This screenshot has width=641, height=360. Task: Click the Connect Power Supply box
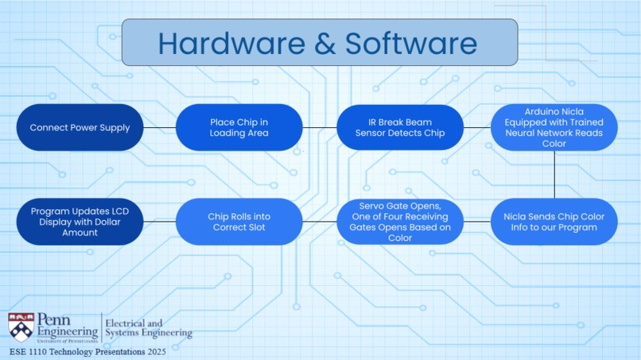click(x=80, y=127)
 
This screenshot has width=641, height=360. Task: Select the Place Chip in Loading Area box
click(x=239, y=127)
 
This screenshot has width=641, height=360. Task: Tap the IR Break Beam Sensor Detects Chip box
click(x=400, y=127)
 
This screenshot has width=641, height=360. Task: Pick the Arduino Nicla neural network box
click(x=554, y=127)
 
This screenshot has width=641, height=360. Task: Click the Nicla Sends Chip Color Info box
click(x=554, y=222)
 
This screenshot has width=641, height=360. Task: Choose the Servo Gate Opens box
click(x=400, y=222)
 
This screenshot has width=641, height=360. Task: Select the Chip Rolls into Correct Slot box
click(x=239, y=222)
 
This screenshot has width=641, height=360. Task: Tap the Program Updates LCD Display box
click(x=80, y=222)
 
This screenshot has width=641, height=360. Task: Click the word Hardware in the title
click(x=231, y=44)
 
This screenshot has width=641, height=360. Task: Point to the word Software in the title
click(x=411, y=44)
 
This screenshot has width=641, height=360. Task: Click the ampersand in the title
click(x=325, y=44)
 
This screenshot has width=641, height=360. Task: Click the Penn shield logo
click(x=21, y=327)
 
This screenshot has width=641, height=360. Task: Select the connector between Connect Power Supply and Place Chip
click(x=159, y=127)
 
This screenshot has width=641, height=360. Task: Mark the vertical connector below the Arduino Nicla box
click(x=554, y=175)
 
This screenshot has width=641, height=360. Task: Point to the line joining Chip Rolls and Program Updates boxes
click(x=159, y=222)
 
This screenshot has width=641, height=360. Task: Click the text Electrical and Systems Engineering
click(x=149, y=328)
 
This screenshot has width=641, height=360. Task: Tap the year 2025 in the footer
click(x=157, y=352)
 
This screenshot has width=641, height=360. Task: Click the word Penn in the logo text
click(x=53, y=319)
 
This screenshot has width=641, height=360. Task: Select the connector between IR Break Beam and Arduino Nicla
click(x=477, y=127)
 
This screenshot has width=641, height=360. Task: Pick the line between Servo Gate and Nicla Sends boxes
click(x=477, y=222)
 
